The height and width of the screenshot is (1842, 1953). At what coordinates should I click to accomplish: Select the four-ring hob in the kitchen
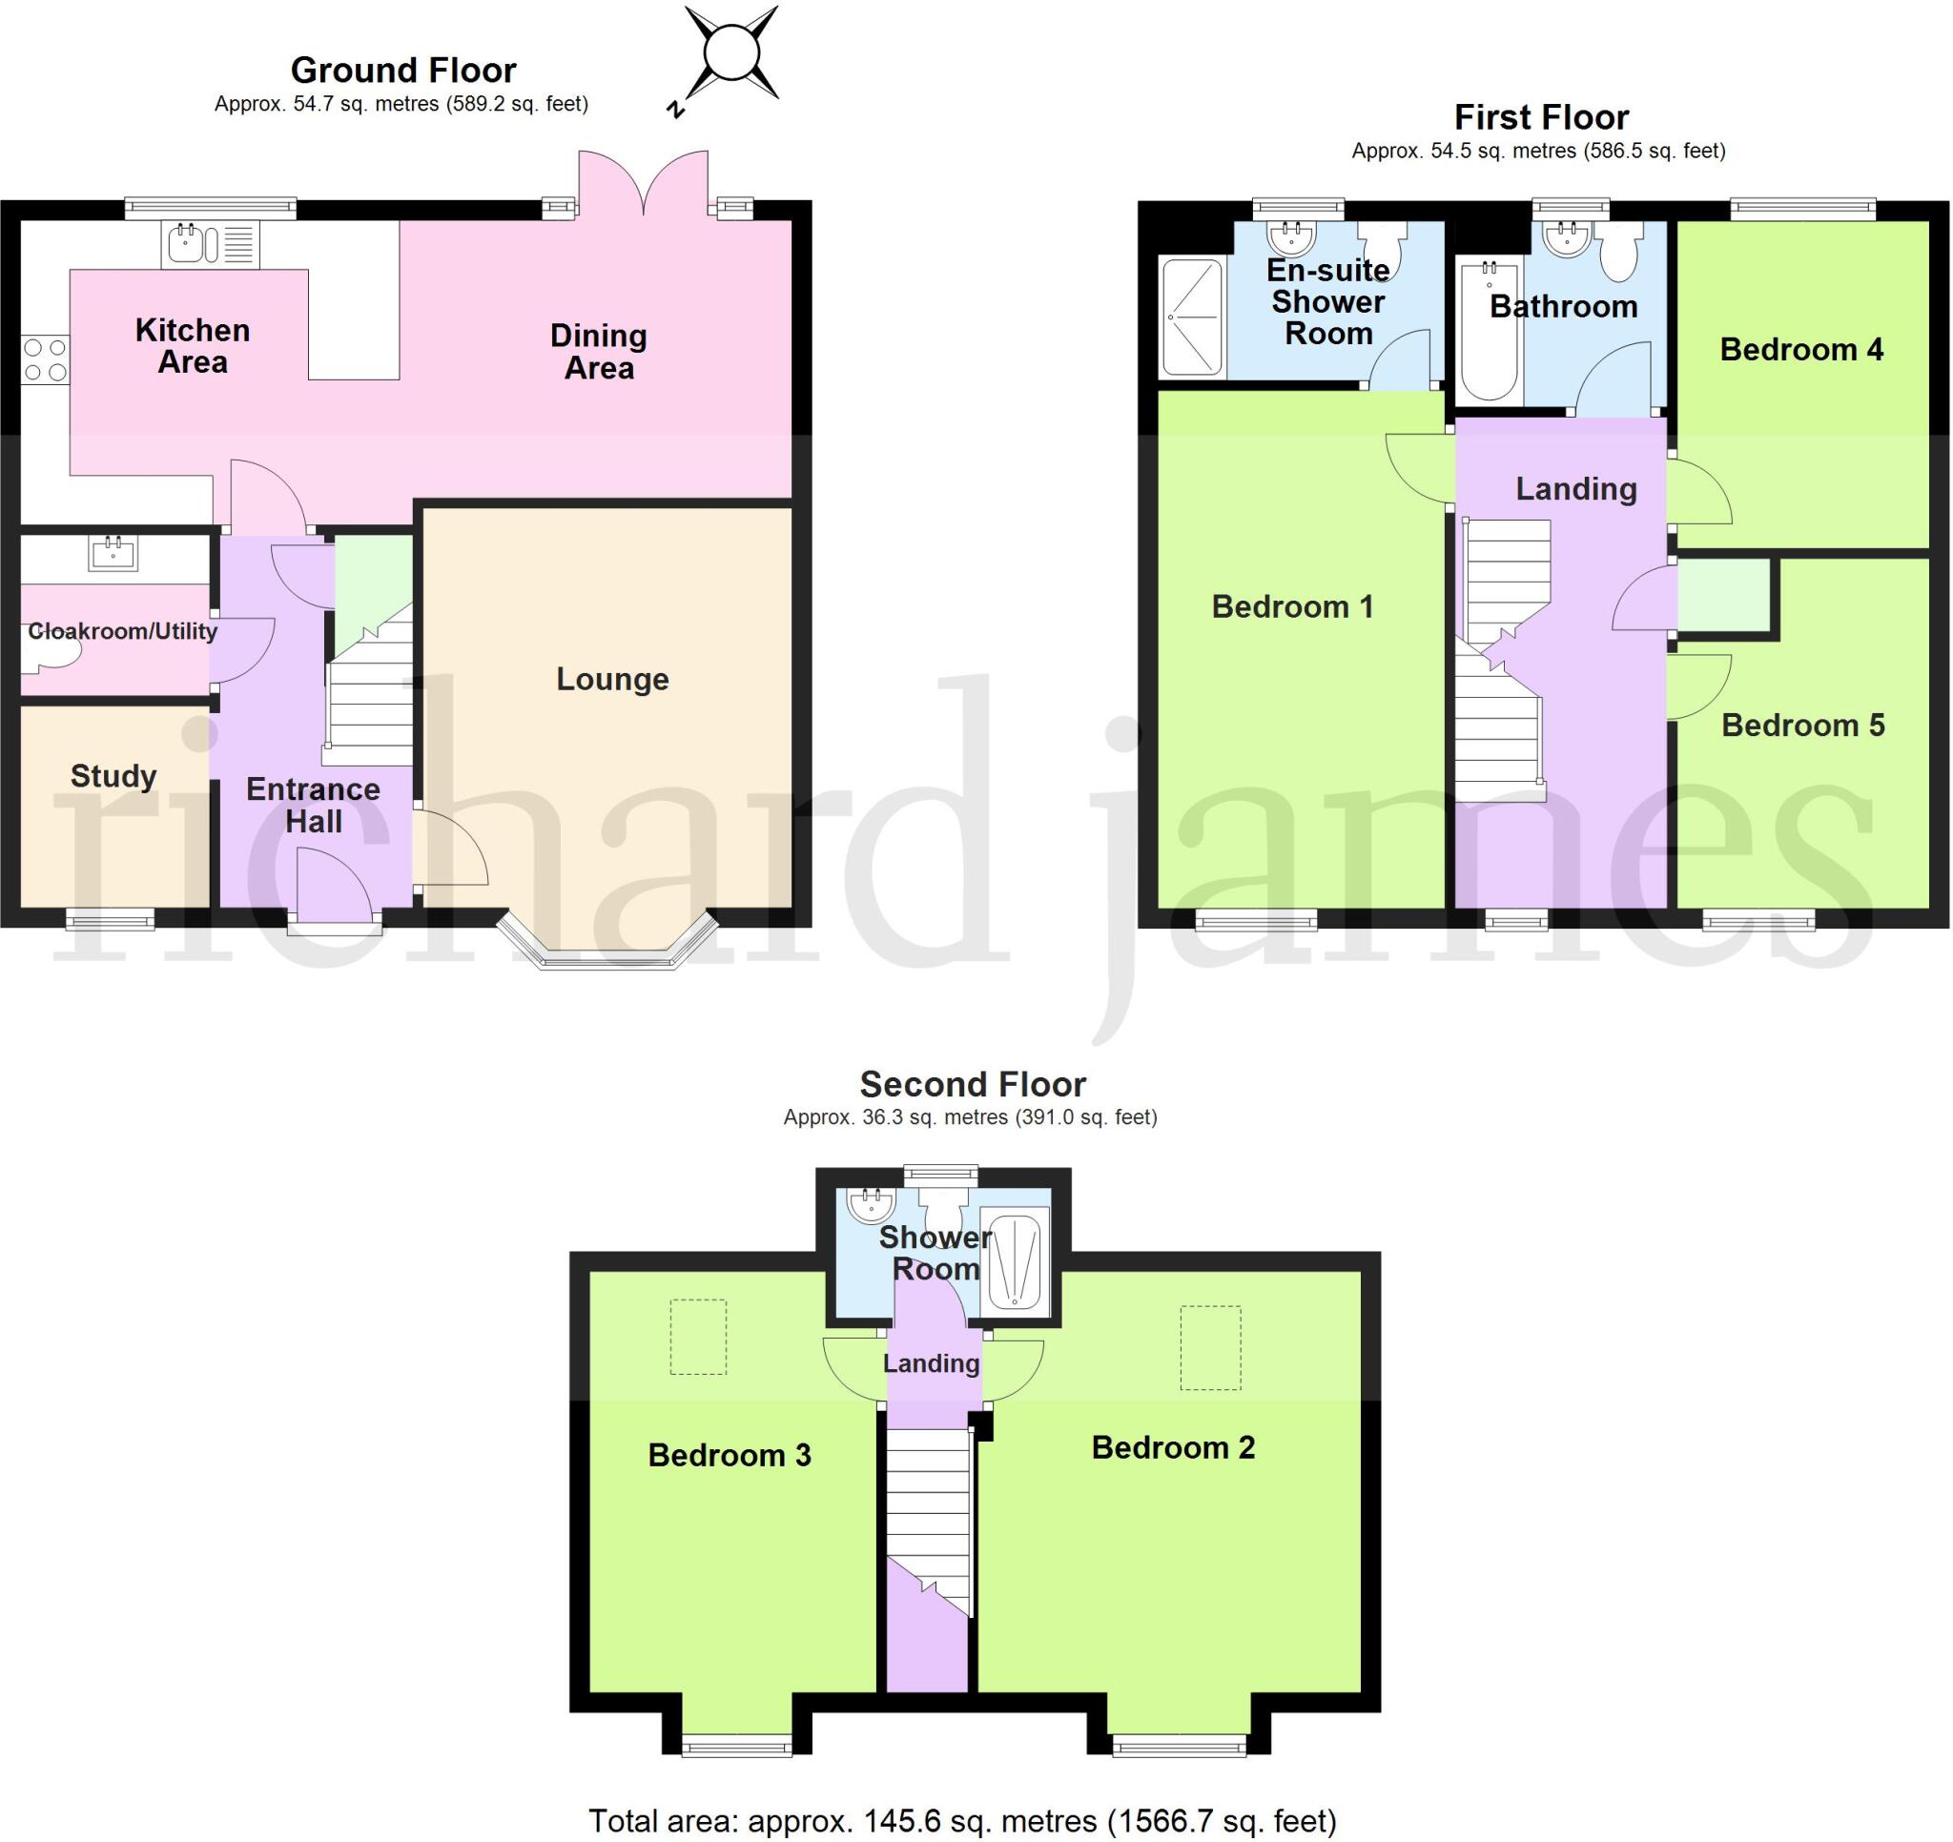pos(45,359)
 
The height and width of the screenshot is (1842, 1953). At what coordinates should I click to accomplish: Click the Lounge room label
pos(612,679)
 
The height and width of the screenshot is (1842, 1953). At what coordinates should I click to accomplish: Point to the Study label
pos(113,776)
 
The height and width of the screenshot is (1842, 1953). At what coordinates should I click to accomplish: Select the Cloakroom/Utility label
pos(122,631)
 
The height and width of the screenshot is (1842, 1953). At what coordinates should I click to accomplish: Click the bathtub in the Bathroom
pos(1489,330)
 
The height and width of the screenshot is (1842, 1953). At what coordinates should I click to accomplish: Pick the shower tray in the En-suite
pos(1192,317)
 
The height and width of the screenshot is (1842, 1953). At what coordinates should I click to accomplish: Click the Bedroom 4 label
pos(1800,349)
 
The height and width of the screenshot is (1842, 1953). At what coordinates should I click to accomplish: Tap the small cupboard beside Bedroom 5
pos(1723,595)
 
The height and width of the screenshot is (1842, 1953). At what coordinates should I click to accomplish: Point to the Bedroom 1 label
pos(1292,606)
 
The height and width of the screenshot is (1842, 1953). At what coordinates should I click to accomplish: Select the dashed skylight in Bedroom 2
pos(1210,1347)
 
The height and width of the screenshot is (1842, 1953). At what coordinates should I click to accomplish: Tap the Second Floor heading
pos(972,1084)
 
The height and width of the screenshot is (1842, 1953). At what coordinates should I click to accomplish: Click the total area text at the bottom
pos(962,1820)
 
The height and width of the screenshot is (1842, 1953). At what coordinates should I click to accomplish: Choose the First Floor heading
pos(1540,117)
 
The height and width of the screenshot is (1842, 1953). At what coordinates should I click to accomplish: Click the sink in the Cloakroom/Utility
pos(113,553)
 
